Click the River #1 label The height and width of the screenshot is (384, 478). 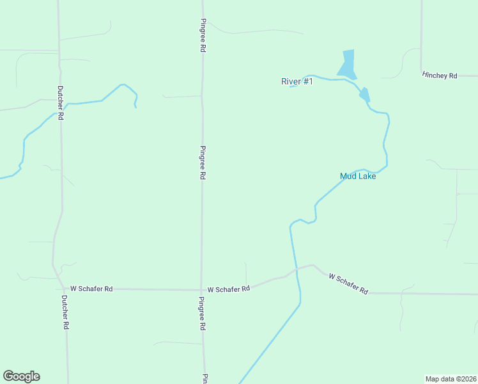coord(297,81)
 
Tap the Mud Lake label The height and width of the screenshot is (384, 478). coord(358,176)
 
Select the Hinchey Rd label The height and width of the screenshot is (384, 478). coord(440,76)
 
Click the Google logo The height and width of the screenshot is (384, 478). coord(21,376)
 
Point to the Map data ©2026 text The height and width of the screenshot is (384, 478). coord(451,379)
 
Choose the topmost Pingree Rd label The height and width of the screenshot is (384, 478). coord(203,35)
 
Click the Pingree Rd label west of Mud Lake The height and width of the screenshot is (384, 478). coord(203,163)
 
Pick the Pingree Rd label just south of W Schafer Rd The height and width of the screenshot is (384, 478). coord(202,313)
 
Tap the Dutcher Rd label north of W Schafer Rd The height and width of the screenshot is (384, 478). coord(61,103)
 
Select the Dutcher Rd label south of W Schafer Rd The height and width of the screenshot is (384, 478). coord(65,312)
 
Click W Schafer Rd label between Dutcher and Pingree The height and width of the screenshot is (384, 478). coord(91,289)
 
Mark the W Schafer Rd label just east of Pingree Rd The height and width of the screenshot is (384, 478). coord(228,289)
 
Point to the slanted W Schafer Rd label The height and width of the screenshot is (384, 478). coord(348,284)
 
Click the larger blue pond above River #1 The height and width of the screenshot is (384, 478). coord(347,63)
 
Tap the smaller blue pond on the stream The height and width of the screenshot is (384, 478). coord(364,95)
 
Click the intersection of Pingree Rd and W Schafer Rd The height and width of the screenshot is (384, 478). coord(202,289)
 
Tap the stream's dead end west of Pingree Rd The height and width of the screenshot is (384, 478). coord(135,107)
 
